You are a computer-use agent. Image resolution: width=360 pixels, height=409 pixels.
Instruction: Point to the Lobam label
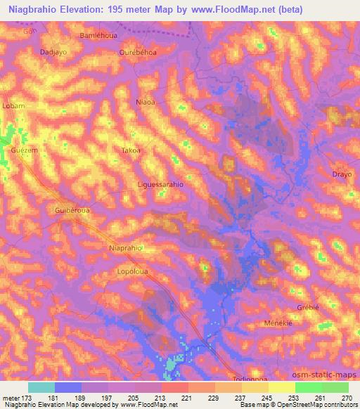tap(14, 105)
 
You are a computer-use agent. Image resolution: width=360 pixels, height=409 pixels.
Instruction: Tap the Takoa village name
tap(131, 150)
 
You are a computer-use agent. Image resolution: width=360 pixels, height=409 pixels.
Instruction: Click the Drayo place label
tap(342, 174)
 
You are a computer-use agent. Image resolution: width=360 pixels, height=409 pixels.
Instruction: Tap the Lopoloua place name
tap(132, 270)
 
